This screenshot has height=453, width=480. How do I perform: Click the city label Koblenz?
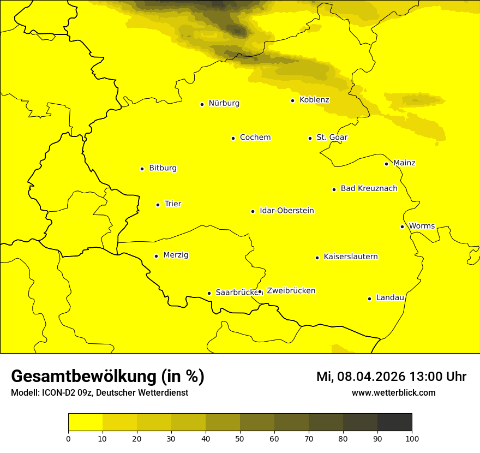(x=314, y=100)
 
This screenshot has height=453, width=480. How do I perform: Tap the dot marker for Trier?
(x=158, y=205)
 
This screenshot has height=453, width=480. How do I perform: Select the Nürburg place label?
(x=224, y=103)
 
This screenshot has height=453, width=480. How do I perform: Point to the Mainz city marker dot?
(x=386, y=164)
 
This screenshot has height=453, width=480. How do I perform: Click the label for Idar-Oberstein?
(x=286, y=211)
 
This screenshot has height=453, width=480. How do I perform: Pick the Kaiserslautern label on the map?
(x=350, y=257)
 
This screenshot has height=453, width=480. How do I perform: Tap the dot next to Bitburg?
(x=142, y=169)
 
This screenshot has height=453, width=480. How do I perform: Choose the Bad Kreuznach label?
(x=369, y=188)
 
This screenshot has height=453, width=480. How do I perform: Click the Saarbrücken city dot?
(x=209, y=293)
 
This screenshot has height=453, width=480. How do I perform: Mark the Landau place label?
(x=390, y=297)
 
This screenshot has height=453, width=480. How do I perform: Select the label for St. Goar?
(x=332, y=137)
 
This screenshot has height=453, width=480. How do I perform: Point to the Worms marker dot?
(x=402, y=226)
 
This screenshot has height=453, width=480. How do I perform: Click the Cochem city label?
(x=255, y=137)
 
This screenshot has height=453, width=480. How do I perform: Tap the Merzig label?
(x=176, y=255)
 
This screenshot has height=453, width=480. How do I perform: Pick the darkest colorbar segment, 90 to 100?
(x=394, y=422)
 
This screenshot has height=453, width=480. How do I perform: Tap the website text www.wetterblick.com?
(x=393, y=392)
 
